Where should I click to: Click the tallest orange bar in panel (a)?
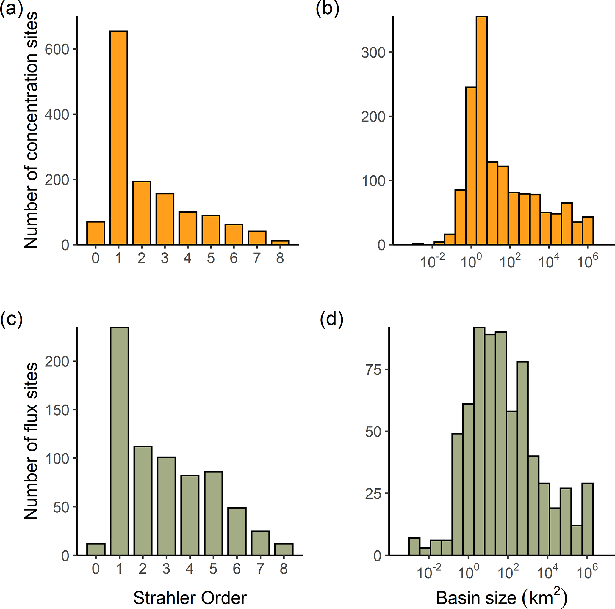118,138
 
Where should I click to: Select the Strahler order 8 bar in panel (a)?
280,242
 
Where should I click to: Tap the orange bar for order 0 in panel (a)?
96,233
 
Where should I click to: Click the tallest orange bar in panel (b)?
482,130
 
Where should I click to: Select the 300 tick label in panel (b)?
373,53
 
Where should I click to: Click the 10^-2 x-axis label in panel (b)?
432,262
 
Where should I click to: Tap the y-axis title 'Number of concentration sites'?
31,130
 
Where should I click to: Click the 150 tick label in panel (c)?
57,410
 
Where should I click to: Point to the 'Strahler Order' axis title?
190,598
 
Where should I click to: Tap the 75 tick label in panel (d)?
373,370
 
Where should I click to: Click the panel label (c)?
12,319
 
